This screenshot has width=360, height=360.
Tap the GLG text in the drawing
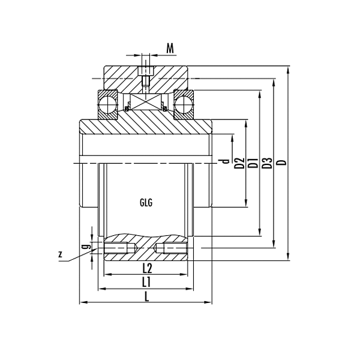pos(146,202)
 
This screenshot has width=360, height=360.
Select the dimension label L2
pos(146,268)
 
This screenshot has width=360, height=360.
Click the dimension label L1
pos(146,281)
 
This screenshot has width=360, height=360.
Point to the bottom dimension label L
pos(147,296)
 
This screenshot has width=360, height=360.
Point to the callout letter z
pos(60,254)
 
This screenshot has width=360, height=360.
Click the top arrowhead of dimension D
pos(289,69)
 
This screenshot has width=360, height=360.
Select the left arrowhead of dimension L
pos(83,302)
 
